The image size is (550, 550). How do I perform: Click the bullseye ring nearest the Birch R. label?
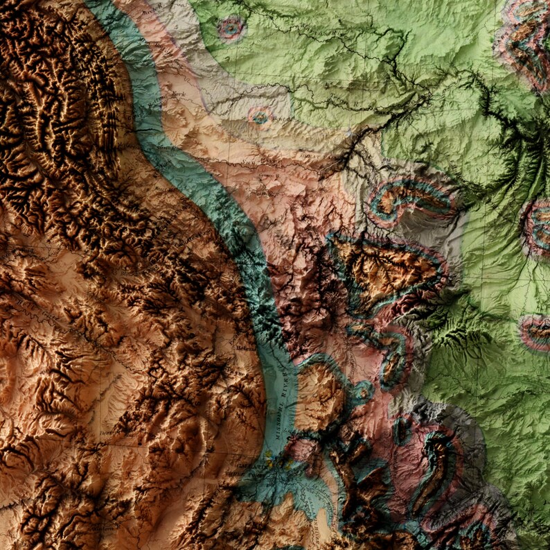point(231,28)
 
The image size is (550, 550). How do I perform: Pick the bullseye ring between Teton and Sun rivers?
point(260,117)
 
